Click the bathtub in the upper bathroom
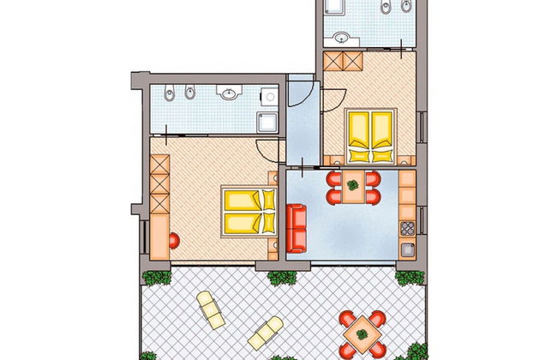(335, 7)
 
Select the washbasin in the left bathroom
(228, 93)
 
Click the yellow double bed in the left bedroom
(249, 212)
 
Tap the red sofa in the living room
(296, 229)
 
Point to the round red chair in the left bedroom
(174, 240)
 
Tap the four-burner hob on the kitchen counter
(407, 229)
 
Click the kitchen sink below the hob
(407, 249)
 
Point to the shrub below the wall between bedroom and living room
(279, 277)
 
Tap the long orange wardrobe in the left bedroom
(159, 205)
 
